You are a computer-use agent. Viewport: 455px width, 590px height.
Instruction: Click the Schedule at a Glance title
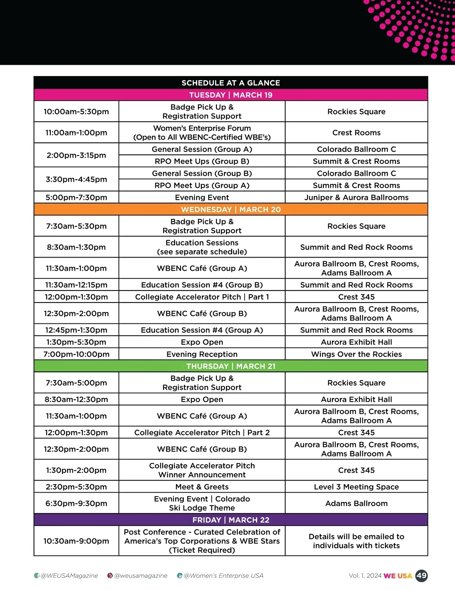pyautogui.click(x=231, y=83)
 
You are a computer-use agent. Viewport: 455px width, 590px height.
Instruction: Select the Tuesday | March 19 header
pyautogui.click(x=231, y=95)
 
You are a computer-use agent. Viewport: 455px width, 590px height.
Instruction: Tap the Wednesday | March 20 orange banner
pyautogui.click(x=231, y=209)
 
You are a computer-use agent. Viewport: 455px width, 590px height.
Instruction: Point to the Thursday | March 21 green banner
pyautogui.click(x=231, y=366)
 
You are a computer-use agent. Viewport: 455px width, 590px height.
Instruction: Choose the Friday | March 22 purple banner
pyautogui.click(x=231, y=520)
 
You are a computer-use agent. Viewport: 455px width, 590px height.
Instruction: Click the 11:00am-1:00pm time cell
pyautogui.click(x=76, y=133)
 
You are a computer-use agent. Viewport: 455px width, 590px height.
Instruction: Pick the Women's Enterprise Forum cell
pyautogui.click(x=202, y=133)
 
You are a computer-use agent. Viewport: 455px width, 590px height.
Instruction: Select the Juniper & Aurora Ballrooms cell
pyautogui.click(x=356, y=197)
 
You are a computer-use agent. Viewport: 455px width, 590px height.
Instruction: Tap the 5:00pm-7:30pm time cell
pyautogui.click(x=76, y=197)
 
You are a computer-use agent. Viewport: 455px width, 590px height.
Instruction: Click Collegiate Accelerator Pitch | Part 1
pyautogui.click(x=202, y=297)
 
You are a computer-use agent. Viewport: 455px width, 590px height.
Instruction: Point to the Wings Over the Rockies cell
pyautogui.click(x=356, y=354)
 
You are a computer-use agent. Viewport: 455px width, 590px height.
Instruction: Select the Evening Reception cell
pyautogui.click(x=202, y=354)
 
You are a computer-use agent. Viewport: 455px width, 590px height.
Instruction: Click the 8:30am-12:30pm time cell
pyautogui.click(x=76, y=400)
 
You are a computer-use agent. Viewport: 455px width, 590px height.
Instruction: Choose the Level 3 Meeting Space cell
pyautogui.click(x=356, y=487)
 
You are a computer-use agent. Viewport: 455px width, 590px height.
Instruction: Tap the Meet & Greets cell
pyautogui.click(x=202, y=487)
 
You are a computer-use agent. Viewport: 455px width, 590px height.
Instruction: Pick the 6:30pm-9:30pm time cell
pyautogui.click(x=76, y=503)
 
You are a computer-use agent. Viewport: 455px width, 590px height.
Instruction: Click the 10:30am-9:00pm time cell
pyautogui.click(x=76, y=541)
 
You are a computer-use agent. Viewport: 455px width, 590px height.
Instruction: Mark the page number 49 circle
pyautogui.click(x=421, y=576)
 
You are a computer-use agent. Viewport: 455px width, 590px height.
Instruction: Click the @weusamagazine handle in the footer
pyautogui.click(x=140, y=576)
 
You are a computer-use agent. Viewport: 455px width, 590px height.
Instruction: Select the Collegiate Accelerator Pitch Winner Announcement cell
pyautogui.click(x=202, y=470)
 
